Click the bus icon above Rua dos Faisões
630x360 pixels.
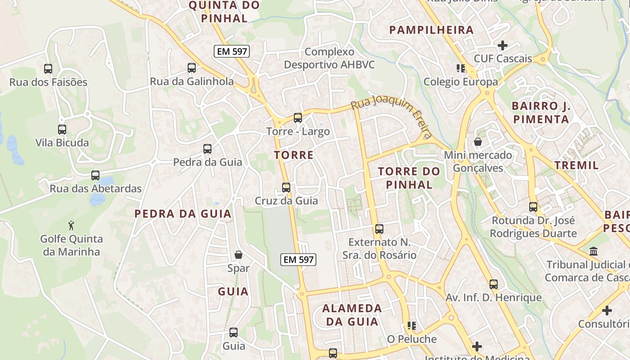tap(48, 69)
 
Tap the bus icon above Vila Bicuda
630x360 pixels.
tap(62, 130)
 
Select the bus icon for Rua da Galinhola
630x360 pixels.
tap(192, 68)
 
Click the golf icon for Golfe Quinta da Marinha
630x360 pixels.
tap(72, 225)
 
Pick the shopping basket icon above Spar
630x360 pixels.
tap(238, 255)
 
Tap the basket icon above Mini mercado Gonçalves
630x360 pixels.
tap(477, 142)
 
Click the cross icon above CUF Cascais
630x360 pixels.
tap(503, 45)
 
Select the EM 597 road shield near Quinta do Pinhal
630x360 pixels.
tap(232, 51)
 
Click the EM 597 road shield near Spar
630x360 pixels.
tap(299, 259)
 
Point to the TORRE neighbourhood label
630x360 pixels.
tap(294, 155)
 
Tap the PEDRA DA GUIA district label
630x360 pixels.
tap(183, 214)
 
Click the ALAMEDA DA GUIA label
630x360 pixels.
tap(352, 315)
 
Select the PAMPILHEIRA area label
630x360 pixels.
tap(432, 30)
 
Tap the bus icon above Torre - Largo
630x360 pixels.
tap(297, 118)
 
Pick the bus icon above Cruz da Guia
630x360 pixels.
tap(286, 188)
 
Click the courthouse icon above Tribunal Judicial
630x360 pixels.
tap(594, 251)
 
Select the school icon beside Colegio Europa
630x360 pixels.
tap(460, 68)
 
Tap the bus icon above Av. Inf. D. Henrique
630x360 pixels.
tap(494, 284)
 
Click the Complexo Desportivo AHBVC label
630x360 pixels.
tap(329, 58)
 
